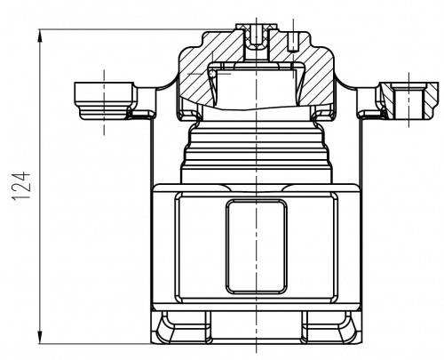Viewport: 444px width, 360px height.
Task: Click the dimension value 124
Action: pyautogui.click(x=21, y=187)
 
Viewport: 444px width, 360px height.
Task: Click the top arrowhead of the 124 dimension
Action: pyautogui.click(x=40, y=36)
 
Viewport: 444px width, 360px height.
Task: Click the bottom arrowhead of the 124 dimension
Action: pyautogui.click(x=40, y=337)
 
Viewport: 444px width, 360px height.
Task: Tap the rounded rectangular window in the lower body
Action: pyautogui.click(x=256, y=246)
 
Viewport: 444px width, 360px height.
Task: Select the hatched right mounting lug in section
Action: pyautogui.click(x=408, y=100)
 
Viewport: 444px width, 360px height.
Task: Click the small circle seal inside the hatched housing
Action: pyautogui.click(x=212, y=74)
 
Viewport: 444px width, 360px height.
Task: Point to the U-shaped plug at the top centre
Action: pyautogui.click(x=257, y=39)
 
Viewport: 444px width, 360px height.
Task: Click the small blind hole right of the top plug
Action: pyautogui.click(x=293, y=42)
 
